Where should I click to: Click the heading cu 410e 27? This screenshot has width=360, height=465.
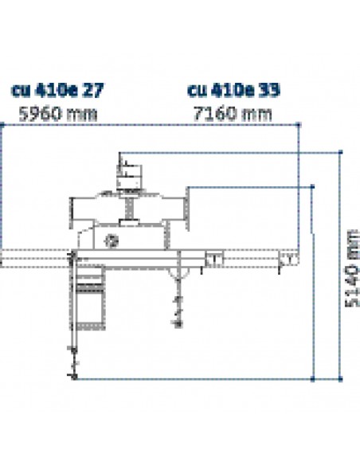tap(57, 90)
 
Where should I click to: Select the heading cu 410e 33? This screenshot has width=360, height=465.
tap(233, 90)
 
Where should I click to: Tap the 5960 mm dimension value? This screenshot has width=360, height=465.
tap(58, 114)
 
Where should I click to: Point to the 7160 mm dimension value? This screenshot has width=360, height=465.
tap(233, 114)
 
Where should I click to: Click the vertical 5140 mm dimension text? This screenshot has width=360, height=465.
tap(353, 268)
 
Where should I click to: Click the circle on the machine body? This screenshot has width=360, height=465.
tap(112, 240)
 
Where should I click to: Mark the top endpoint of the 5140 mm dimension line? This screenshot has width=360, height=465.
tap(340, 152)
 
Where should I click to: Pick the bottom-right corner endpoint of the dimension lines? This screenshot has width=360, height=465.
tap(340, 379)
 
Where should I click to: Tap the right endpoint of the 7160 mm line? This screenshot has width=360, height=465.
tap(299, 125)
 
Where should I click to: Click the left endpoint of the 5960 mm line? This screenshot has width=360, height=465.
tap(2, 125)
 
